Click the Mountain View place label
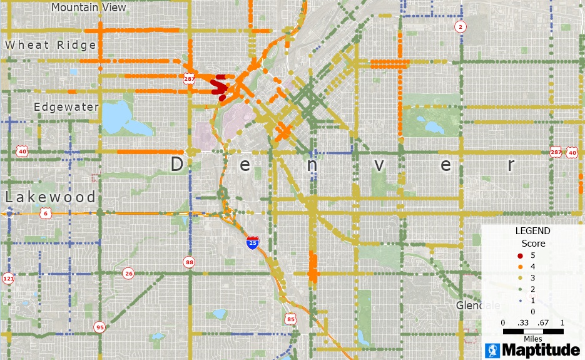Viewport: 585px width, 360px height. pyautogui.click(x=88, y=8)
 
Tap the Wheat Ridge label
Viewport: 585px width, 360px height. pyautogui.click(x=51, y=45)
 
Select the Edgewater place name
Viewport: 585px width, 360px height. pyautogui.click(x=66, y=107)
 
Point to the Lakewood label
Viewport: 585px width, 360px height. pyautogui.click(x=51, y=197)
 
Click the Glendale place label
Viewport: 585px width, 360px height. pyautogui.click(x=478, y=306)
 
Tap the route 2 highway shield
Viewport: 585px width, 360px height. pyautogui.click(x=460, y=26)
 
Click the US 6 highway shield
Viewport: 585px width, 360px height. pyautogui.click(x=46, y=213)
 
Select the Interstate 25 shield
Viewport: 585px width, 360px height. pyautogui.click(x=252, y=242)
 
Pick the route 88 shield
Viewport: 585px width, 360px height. pyautogui.click(x=189, y=262)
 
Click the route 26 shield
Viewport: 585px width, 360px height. pyautogui.click(x=129, y=273)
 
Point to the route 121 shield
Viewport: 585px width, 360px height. pyautogui.click(x=8, y=279)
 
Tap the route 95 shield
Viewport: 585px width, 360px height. pyautogui.click(x=99, y=327)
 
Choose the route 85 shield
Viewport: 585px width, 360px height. pyautogui.click(x=290, y=319)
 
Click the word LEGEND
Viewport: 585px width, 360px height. pyautogui.click(x=532, y=231)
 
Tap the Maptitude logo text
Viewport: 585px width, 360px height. pyautogui.click(x=542, y=349)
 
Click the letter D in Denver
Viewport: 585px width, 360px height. pyautogui.click(x=177, y=165)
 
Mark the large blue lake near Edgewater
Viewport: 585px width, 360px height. pyautogui.click(x=125, y=119)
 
